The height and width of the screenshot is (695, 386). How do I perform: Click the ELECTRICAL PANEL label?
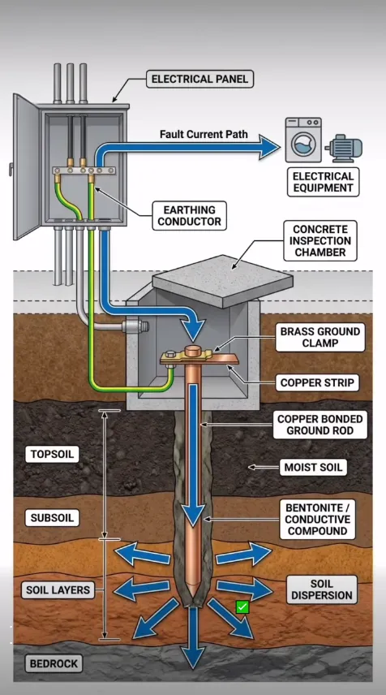200,79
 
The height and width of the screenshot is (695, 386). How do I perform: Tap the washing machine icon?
303,140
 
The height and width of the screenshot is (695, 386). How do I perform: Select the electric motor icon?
344,148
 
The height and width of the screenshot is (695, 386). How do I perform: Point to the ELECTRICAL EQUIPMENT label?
323,182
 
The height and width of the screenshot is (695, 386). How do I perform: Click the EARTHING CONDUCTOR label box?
190,215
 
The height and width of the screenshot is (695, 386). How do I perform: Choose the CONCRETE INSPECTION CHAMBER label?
320,240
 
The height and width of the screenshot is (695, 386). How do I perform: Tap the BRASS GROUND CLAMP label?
320,337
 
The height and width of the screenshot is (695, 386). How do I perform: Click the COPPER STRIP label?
317,382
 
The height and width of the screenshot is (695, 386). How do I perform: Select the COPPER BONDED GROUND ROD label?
320,425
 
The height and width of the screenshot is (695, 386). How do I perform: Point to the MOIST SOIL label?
313,467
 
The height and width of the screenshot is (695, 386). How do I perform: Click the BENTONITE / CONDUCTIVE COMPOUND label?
318,520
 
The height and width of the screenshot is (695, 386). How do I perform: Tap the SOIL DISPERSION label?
322,589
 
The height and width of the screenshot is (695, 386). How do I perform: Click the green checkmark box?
242,607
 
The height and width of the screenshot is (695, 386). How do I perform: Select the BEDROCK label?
54,663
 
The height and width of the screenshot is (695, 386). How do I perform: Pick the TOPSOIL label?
52,455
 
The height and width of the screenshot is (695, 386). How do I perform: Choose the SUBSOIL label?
52,518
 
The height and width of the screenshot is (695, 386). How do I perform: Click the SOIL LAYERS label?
58,590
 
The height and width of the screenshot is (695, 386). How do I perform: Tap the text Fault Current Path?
204,134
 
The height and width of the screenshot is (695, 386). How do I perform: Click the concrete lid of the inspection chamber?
223,281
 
